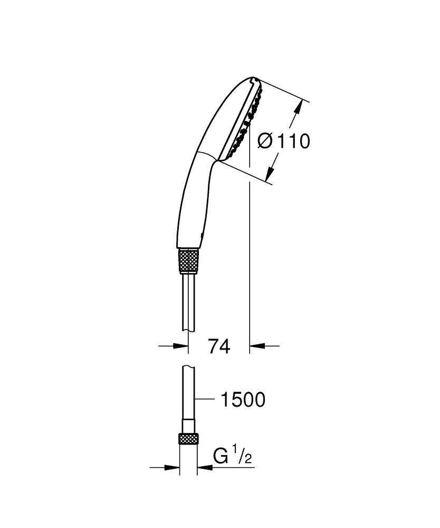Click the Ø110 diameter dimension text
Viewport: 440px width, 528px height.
coord(283,141)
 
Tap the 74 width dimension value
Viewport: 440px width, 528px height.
coord(219,346)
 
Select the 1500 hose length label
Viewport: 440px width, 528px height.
coord(242,400)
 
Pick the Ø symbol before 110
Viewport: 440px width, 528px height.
coord(266,141)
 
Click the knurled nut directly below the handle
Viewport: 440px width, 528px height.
coord(189,260)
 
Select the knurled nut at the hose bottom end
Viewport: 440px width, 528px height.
coord(189,439)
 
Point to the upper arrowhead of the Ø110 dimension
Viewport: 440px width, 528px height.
coord(299,108)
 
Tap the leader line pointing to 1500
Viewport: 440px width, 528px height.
coord(206,400)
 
